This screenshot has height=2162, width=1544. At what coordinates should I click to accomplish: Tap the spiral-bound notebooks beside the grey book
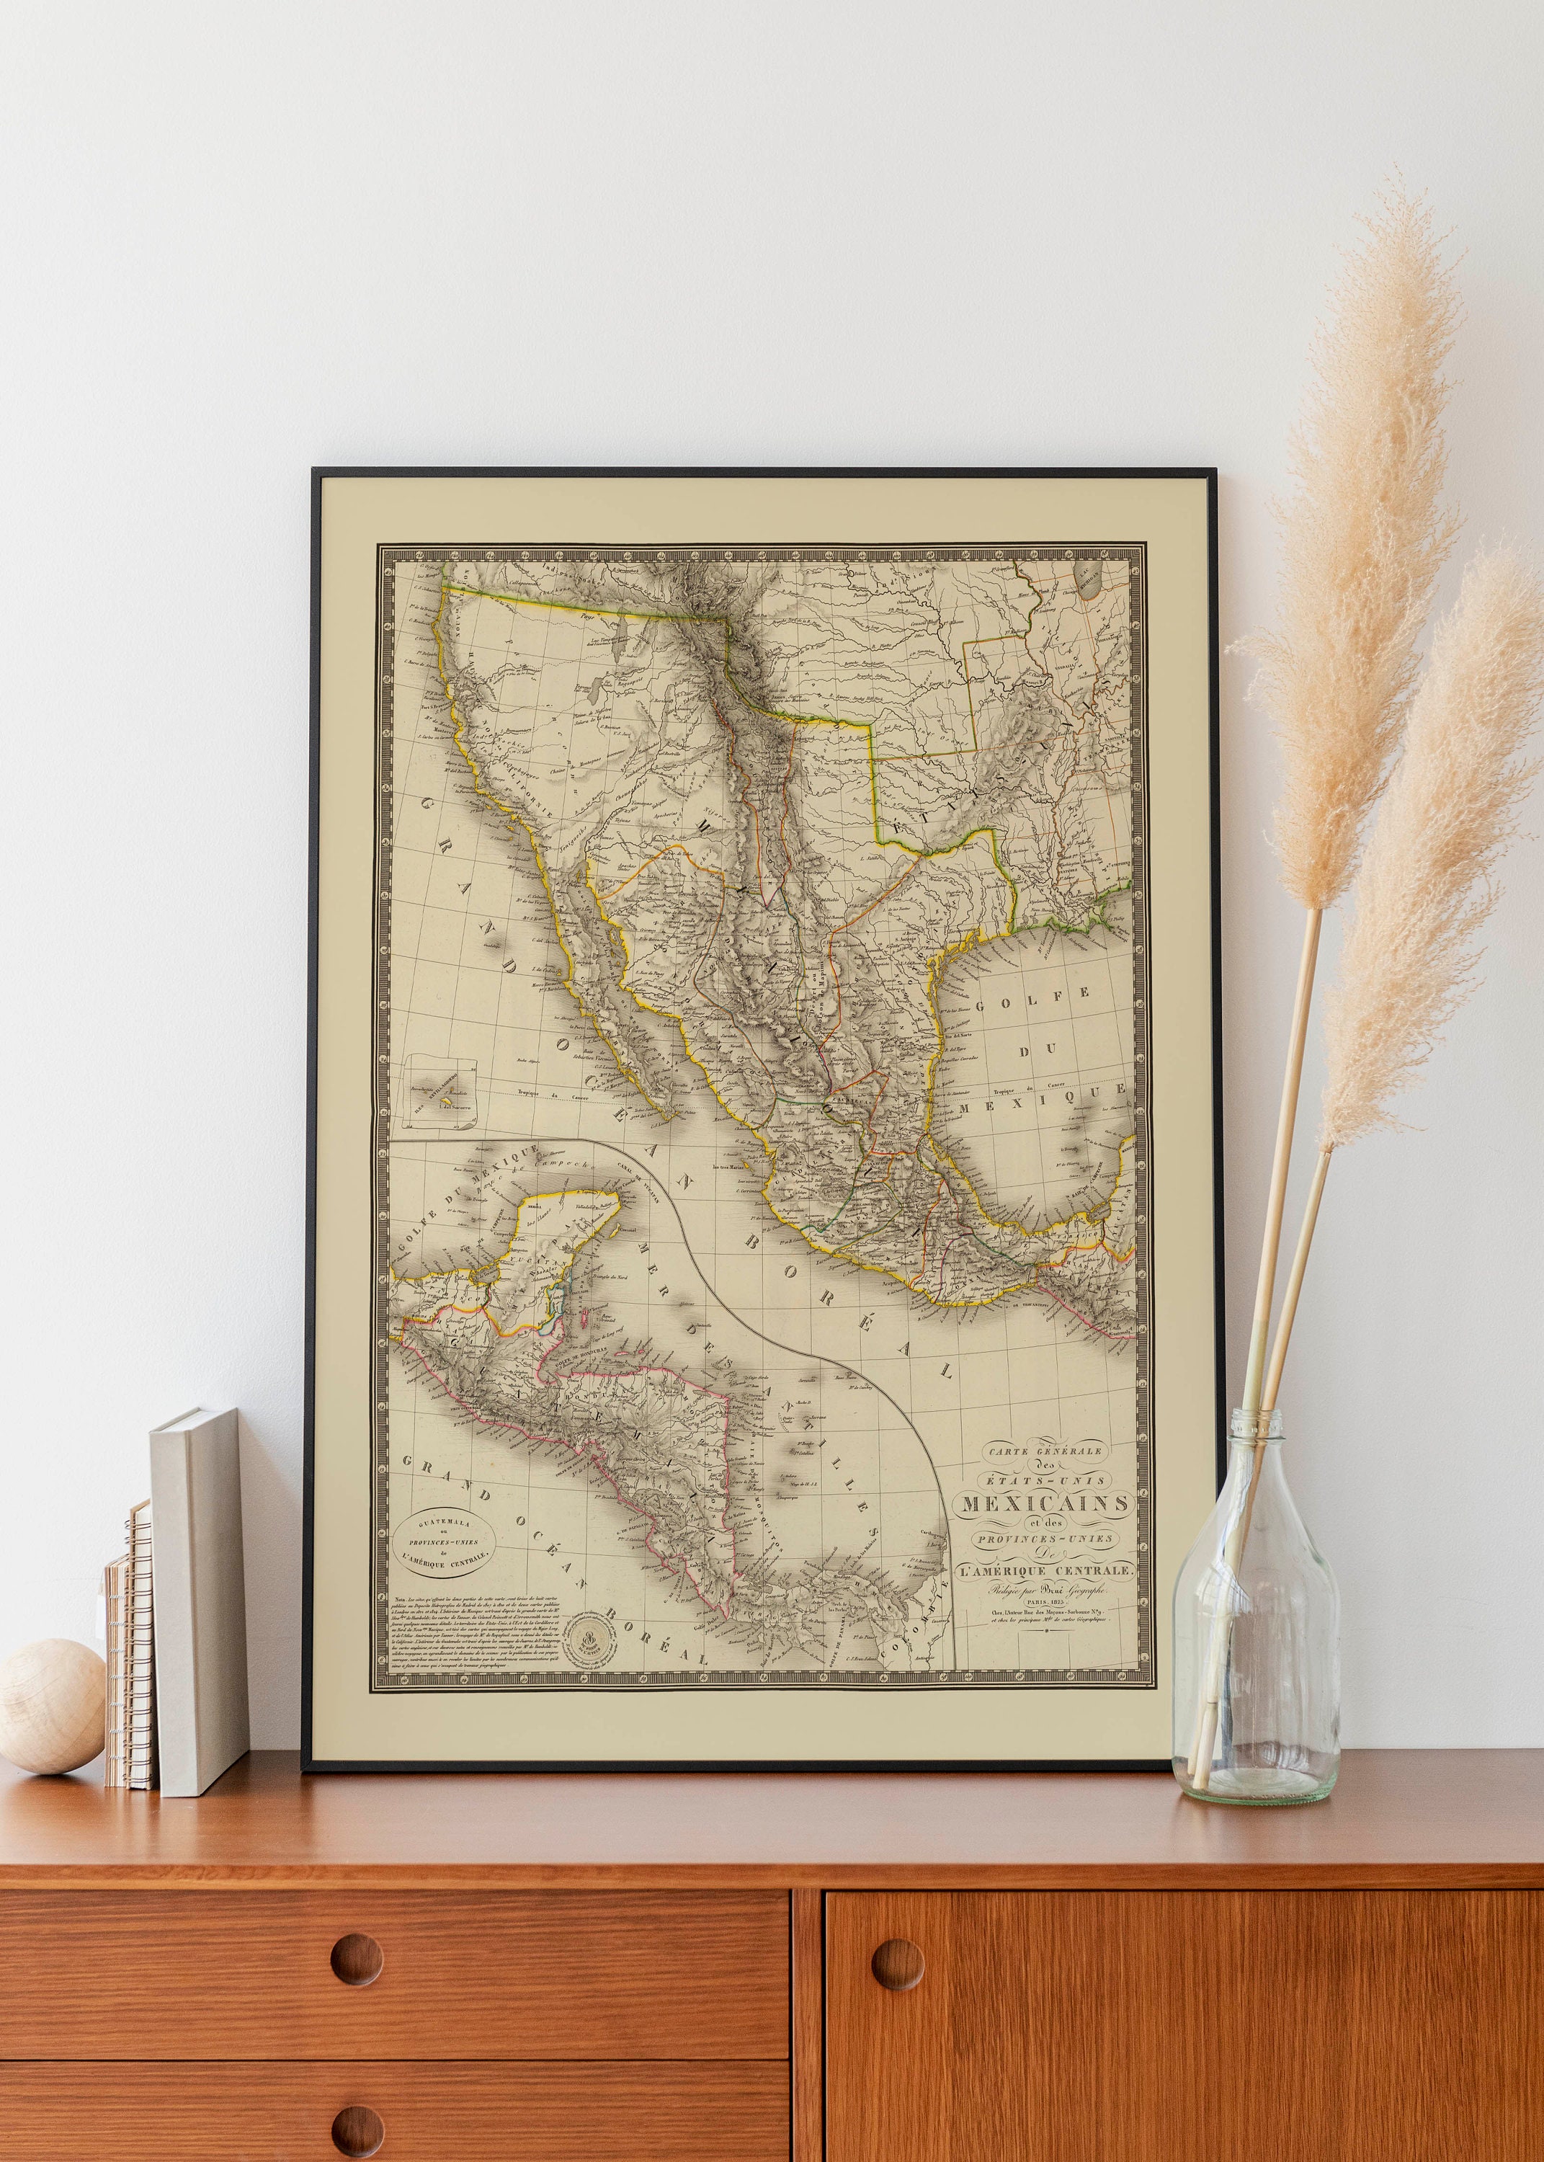[x=131, y=1659]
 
